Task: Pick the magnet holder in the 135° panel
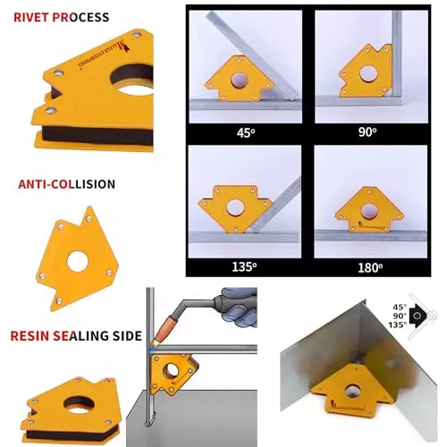[x=234, y=207]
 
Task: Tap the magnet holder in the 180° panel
[x=364, y=211]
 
